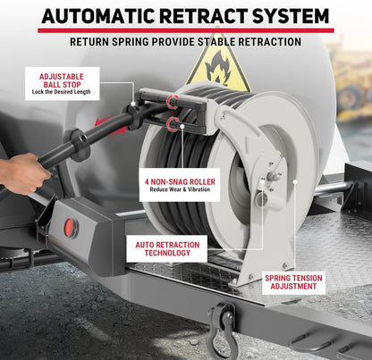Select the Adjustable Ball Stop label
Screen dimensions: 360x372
[62, 82]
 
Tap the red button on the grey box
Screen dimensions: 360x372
[70, 228]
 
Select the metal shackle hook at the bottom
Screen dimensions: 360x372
[221, 326]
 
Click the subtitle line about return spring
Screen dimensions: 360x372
[185, 41]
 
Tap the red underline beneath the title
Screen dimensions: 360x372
[185, 29]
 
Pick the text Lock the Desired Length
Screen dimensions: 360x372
[62, 92]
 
